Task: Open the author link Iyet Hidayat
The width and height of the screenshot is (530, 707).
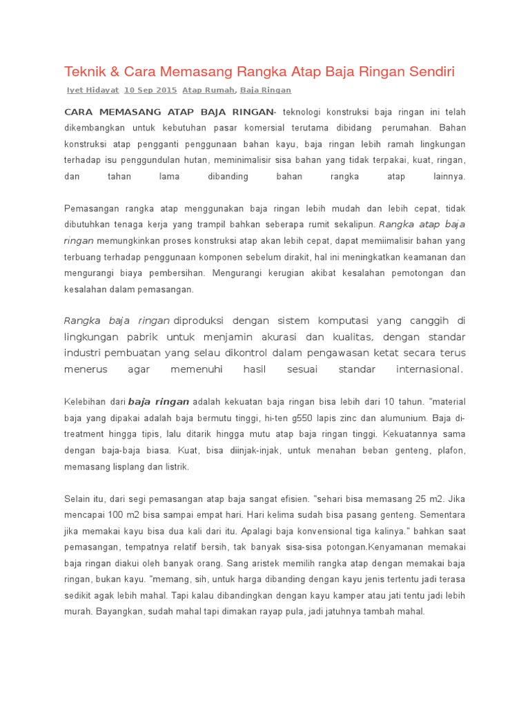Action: point(92,90)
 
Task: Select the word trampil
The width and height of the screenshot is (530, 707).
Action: point(216,224)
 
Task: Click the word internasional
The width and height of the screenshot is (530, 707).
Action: point(428,369)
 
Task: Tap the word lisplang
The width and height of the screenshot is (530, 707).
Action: point(121,466)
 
